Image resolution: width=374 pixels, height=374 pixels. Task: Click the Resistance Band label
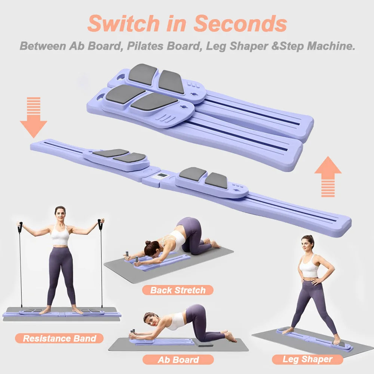pos(59,338)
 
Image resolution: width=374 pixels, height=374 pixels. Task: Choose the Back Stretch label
pos(178,290)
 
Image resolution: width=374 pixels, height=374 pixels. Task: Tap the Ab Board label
pos(178,360)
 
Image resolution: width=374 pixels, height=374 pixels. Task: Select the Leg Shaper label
pos(307,359)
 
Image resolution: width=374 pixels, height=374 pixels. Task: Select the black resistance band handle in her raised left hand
pos(100,225)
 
